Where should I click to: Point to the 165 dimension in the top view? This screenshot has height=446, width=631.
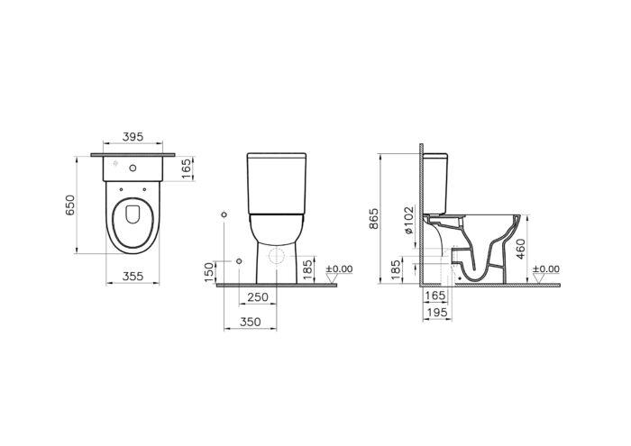click(187, 168)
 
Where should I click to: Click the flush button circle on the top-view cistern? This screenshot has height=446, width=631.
click(133, 168)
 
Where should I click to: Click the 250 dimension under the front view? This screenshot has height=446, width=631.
click(258, 298)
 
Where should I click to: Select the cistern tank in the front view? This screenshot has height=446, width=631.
click(279, 184)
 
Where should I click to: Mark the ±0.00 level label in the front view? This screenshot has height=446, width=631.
click(341, 269)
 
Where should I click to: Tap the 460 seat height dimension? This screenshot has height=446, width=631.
click(531, 247)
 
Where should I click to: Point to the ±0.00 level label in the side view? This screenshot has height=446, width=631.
click(546, 269)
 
